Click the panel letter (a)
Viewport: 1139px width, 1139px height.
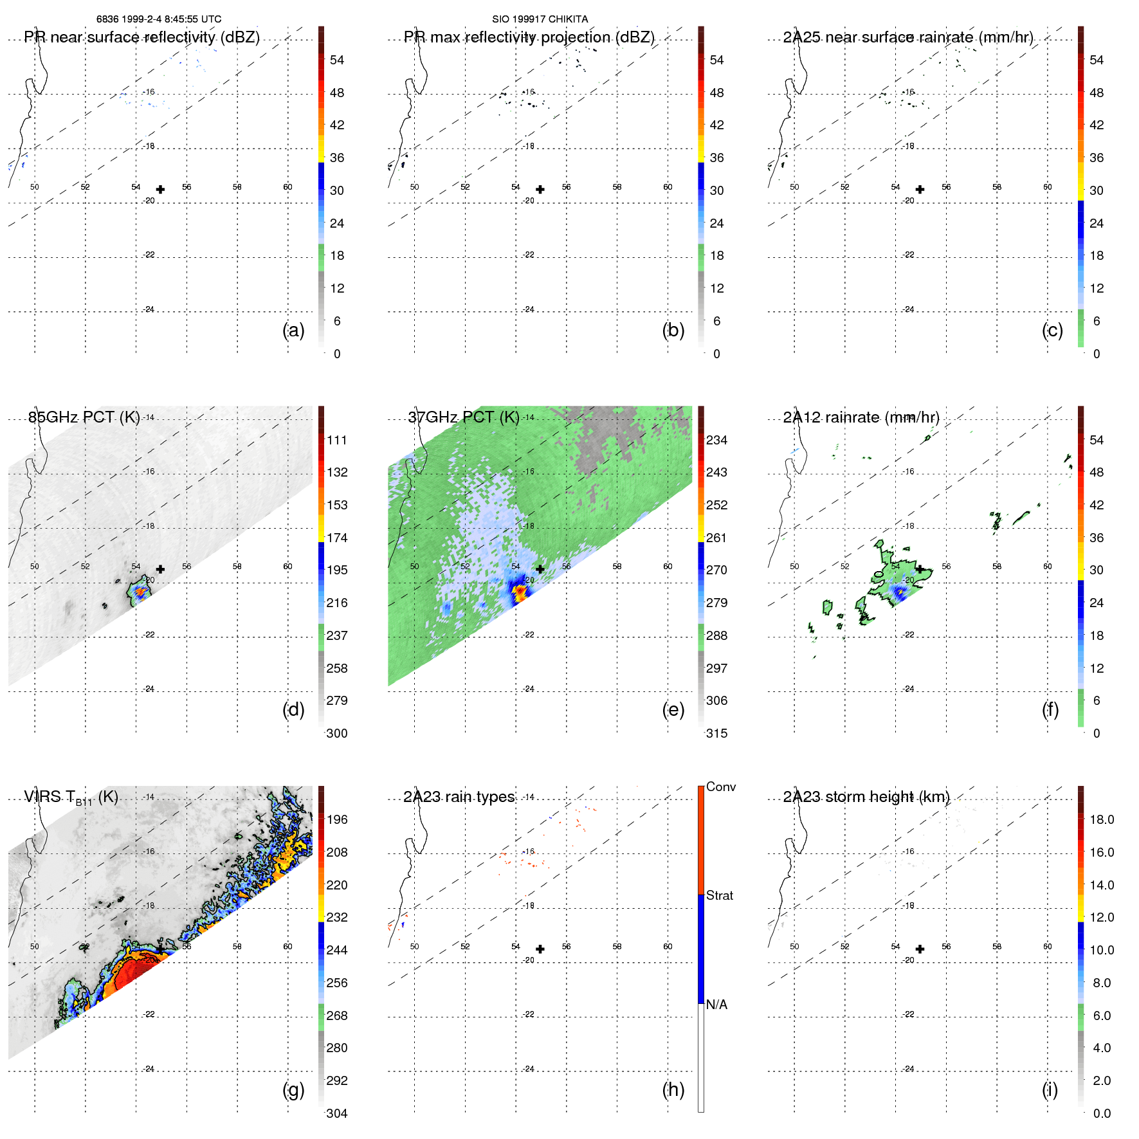[293, 331]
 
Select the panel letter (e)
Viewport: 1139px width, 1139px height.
[673, 710]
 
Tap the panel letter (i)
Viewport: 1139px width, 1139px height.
[1050, 1089]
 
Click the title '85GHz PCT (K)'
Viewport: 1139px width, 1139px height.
[84, 417]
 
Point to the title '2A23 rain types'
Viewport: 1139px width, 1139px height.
[459, 797]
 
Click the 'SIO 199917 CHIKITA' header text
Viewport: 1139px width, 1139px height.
[540, 19]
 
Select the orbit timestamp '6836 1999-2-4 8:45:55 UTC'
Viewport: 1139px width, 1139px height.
[159, 19]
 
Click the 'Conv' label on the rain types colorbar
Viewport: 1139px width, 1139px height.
[720, 787]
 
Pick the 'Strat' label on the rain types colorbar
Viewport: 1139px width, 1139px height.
[719, 895]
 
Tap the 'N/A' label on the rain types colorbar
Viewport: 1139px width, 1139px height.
[716, 1005]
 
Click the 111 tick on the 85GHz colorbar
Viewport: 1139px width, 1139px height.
[337, 440]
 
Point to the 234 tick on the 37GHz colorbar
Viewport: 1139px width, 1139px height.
[716, 440]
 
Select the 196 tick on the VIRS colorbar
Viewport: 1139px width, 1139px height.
[337, 819]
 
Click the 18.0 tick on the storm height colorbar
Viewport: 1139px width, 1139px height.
[1101, 819]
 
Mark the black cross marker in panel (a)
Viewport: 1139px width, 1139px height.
[160, 189]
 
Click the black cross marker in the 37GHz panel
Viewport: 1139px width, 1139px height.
[540, 569]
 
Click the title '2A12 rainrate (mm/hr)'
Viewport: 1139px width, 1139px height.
[861, 417]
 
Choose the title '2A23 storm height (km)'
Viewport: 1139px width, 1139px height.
[866, 797]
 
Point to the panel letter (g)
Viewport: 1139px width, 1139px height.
[293, 1089]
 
